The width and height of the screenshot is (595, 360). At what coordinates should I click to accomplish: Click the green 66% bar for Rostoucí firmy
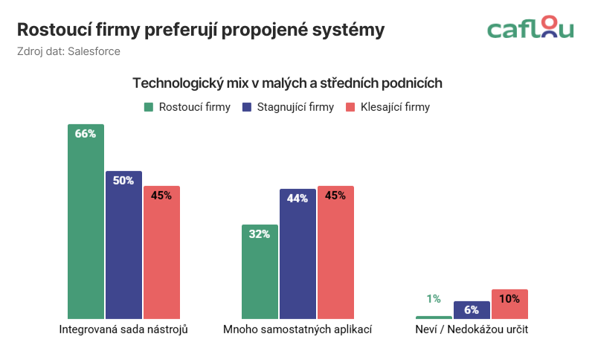coord(86,223)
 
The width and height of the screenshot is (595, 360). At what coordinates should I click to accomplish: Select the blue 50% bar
coord(123,245)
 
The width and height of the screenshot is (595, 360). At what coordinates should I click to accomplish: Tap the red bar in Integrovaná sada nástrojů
coord(161,253)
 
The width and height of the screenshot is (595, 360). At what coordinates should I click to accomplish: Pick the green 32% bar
coord(260,272)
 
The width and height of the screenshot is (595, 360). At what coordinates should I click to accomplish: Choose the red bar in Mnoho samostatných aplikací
coord(335,253)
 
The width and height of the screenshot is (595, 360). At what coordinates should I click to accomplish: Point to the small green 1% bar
coord(434,318)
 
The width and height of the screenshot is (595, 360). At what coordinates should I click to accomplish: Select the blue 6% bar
coord(472,310)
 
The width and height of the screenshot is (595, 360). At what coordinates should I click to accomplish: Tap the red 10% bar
coord(509,304)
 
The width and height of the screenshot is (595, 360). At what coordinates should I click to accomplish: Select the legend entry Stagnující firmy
coord(289,107)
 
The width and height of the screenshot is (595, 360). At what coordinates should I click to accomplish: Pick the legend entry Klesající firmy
coord(388,107)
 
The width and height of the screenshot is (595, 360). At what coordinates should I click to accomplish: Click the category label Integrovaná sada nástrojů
coord(123,329)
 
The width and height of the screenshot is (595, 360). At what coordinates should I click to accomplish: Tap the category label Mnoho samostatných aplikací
coord(297,329)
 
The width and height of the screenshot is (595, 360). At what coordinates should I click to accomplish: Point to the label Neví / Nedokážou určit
coord(472,329)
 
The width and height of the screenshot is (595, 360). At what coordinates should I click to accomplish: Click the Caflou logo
coord(530,29)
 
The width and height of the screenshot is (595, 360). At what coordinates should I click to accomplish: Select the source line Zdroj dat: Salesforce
coord(68,51)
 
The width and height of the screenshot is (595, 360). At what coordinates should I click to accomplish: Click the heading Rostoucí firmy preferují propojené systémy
coord(201,30)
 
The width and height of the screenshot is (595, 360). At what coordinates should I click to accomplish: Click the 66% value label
coord(86,134)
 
